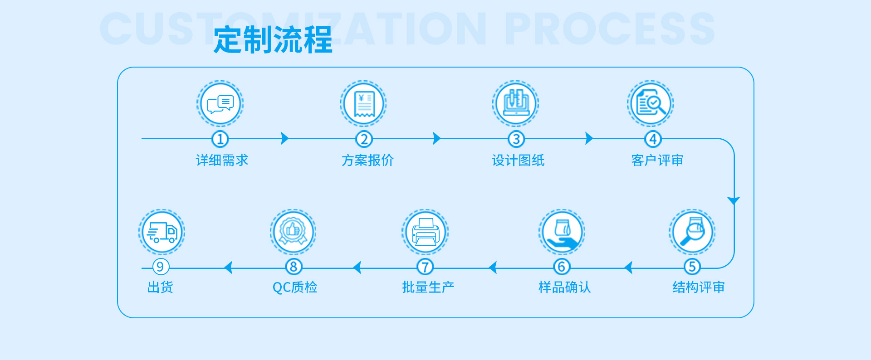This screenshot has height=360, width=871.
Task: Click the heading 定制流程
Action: tap(273, 40)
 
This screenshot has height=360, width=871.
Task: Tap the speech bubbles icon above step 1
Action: tap(220, 104)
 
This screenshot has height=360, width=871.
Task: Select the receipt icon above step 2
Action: tap(363, 104)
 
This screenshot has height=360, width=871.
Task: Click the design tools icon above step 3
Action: tap(516, 104)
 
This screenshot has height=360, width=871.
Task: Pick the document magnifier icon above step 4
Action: tap(651, 104)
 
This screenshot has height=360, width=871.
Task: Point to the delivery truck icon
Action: tap(161, 232)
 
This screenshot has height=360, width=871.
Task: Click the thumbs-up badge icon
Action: tap(293, 232)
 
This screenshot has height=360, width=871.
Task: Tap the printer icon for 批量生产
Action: tap(425, 232)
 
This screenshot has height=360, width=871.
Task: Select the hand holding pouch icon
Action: tap(562, 232)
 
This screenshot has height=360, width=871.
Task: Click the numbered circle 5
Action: tap(692, 267)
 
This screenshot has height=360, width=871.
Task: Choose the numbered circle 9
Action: tap(160, 267)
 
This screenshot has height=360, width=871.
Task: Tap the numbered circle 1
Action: tap(220, 139)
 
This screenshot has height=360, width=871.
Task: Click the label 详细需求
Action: tap(222, 160)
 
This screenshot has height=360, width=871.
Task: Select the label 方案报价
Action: tap(367, 160)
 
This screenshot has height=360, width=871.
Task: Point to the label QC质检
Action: tap(295, 287)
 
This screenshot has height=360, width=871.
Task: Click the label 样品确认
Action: tap(564, 287)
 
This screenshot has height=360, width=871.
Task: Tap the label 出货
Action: tap(160, 287)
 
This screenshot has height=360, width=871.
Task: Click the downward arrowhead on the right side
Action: tap(734, 200)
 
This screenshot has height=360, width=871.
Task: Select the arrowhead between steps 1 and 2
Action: tap(284, 138)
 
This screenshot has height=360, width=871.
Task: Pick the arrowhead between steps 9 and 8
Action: tap(228, 268)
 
